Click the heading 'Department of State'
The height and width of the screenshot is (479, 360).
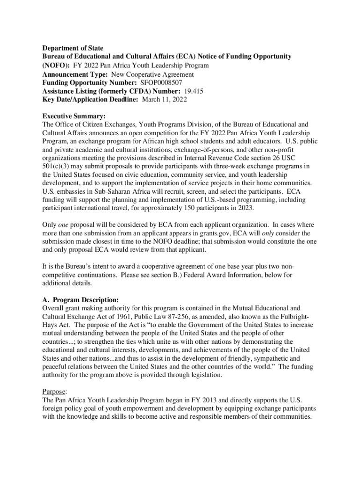[x=72, y=48]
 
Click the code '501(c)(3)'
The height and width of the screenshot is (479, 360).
[x=56, y=167]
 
